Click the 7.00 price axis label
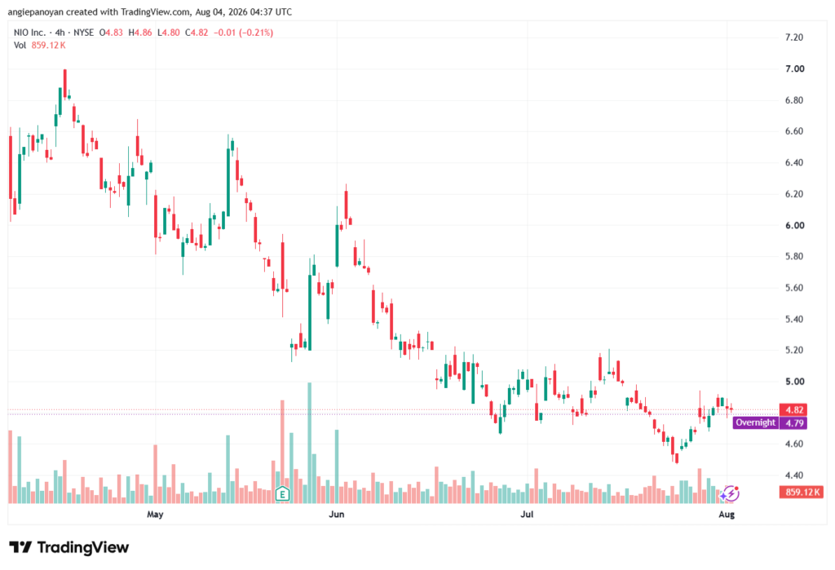click(x=794, y=68)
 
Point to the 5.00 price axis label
click(x=794, y=382)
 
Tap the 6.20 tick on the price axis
click(x=794, y=194)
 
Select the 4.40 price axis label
click(x=794, y=475)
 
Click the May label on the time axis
click(x=155, y=514)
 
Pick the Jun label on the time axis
click(x=337, y=514)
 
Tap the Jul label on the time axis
click(x=527, y=514)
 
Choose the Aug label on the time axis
click(x=727, y=514)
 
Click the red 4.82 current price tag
click(x=793, y=409)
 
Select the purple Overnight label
click(x=755, y=423)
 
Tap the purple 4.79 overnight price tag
click(x=793, y=423)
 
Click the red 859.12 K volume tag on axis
click(x=802, y=492)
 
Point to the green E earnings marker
click(x=282, y=494)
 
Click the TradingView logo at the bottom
click(x=69, y=547)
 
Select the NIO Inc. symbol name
click(x=29, y=33)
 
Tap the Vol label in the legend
click(x=20, y=46)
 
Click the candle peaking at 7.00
click(x=65, y=84)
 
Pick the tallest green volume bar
click(x=309, y=443)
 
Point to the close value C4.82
click(x=197, y=33)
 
